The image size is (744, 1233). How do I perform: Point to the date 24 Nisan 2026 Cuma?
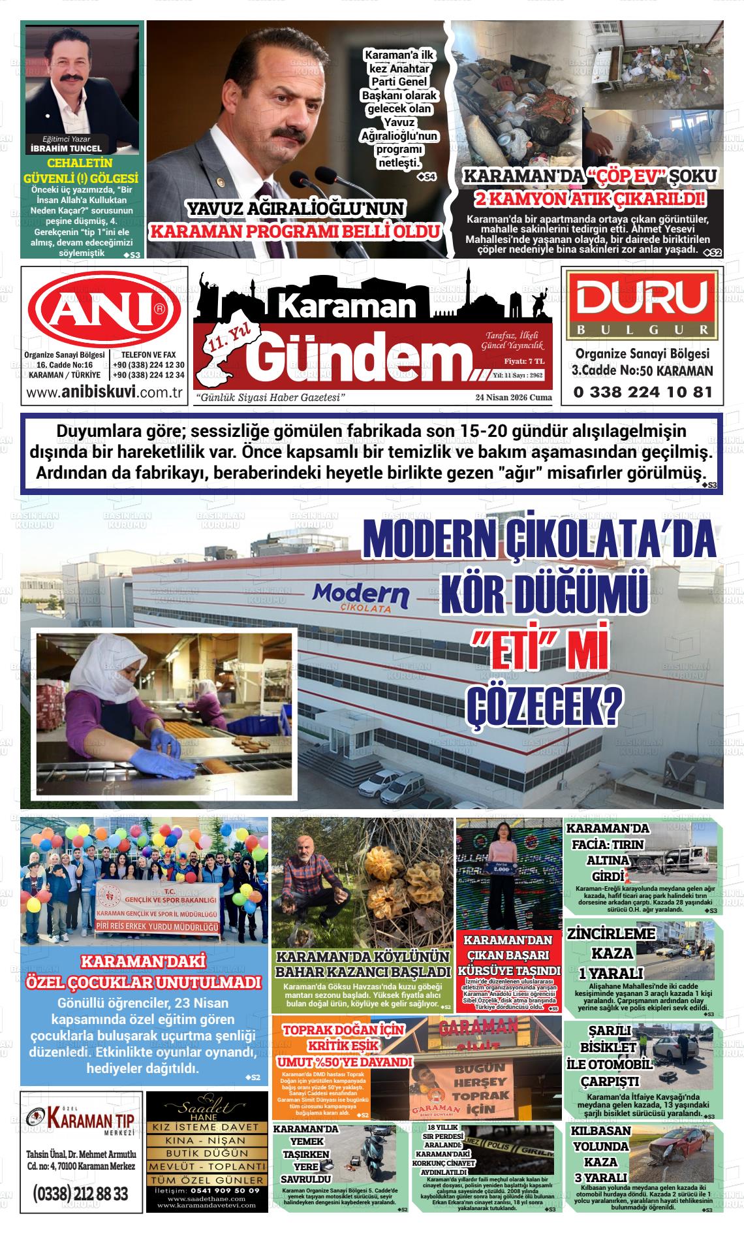pos(514,397)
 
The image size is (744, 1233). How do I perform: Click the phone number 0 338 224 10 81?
pos(642,392)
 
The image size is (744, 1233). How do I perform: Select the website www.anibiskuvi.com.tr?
pos(103,392)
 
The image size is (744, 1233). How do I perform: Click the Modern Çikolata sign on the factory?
pos(361,597)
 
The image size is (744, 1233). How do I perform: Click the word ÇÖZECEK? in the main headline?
pos(542,707)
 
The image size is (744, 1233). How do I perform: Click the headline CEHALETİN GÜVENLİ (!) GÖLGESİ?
pos(81,170)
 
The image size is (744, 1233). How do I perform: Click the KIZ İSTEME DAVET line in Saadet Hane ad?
pos(207,1128)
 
